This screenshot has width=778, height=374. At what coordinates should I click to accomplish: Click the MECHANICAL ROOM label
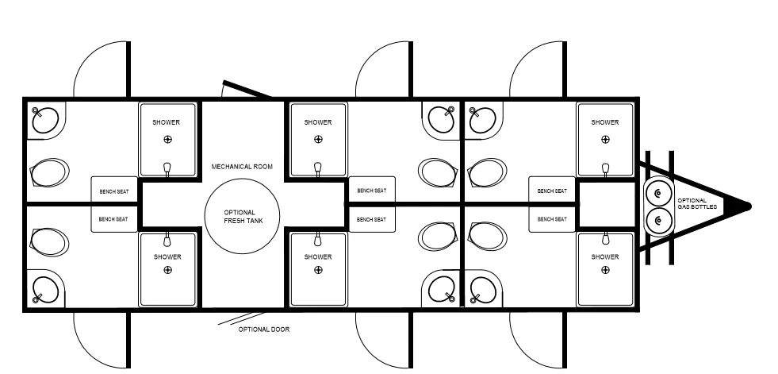click(242, 167)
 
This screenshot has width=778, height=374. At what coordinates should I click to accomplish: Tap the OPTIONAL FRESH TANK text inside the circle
click(243, 217)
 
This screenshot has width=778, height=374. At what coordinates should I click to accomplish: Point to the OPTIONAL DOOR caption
click(264, 330)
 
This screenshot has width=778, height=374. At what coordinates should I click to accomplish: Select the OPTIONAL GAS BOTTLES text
click(697, 203)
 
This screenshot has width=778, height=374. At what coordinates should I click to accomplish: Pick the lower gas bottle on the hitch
click(659, 220)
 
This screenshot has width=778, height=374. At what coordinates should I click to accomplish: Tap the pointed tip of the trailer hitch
click(749, 206)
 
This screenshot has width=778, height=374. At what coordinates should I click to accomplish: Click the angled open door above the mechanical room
click(247, 88)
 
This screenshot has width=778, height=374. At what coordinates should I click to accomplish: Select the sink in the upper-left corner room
click(46, 120)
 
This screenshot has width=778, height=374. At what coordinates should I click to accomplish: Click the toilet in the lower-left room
click(49, 242)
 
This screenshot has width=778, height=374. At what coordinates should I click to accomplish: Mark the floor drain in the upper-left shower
click(167, 140)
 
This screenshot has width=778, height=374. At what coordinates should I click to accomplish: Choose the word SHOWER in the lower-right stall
click(605, 256)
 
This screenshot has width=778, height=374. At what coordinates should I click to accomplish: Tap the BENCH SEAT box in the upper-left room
click(114, 190)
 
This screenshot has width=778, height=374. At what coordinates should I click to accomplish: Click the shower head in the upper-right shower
click(605, 169)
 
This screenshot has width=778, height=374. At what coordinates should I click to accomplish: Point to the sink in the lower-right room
click(482, 289)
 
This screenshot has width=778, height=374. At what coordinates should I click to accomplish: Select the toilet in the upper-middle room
click(438, 172)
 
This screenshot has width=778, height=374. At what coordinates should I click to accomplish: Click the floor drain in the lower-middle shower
click(318, 270)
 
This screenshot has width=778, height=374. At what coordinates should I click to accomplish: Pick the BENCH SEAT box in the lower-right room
click(552, 218)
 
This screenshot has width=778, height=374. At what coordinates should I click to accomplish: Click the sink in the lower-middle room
click(442, 289)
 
